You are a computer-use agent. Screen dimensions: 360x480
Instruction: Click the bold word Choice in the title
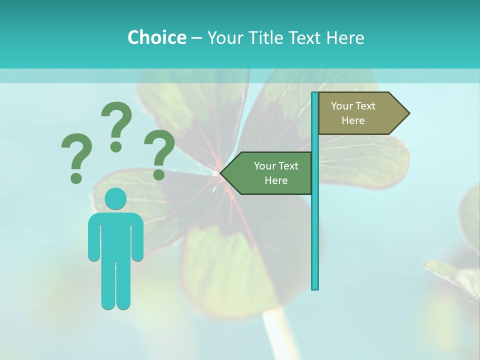point(156,37)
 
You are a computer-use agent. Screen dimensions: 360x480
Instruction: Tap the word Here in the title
point(345,37)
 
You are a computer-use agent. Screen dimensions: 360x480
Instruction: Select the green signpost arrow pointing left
point(270,173)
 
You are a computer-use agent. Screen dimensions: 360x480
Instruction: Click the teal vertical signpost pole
point(315,225)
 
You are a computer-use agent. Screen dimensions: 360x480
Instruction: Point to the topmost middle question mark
point(116,125)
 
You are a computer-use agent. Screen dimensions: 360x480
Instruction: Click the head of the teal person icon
point(115,199)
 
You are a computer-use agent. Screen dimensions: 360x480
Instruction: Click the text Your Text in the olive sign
point(353,106)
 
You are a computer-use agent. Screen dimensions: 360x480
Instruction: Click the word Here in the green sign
point(276,180)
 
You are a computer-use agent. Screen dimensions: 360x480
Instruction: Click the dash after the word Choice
point(196,38)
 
